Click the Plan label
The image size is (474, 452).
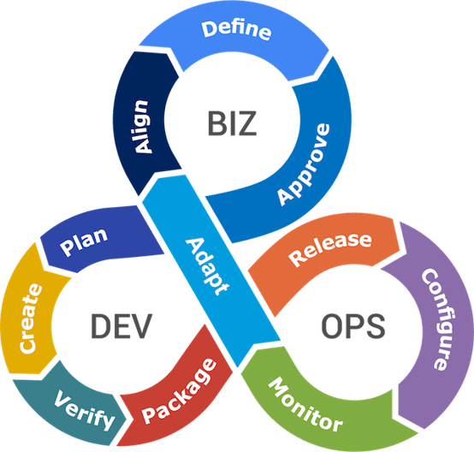tap(83, 243)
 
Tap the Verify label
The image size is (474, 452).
tap(84, 410)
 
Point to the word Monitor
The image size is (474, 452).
tap(305, 405)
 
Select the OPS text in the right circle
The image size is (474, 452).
tap(353, 325)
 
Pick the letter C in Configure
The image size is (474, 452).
tap(424, 279)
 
